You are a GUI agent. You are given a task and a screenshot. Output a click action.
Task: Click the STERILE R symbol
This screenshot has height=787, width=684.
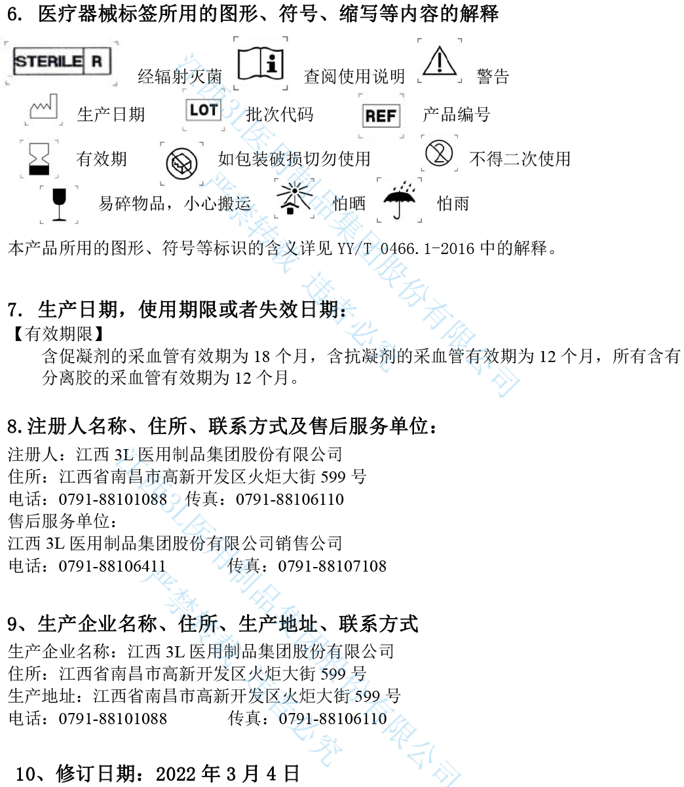click(x=62, y=62)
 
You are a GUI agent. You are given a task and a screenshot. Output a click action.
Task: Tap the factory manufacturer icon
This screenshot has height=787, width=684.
click(x=44, y=109)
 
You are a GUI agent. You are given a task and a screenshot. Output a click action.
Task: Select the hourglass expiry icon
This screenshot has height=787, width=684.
click(x=39, y=159)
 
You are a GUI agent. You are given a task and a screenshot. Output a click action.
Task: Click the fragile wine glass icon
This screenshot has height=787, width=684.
click(x=59, y=204)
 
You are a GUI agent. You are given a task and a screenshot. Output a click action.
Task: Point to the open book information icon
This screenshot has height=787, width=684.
click(x=260, y=64)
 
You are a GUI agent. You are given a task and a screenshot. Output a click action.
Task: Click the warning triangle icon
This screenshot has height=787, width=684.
click(x=440, y=61)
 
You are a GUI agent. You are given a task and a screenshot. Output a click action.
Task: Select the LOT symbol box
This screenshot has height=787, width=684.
click(x=204, y=110)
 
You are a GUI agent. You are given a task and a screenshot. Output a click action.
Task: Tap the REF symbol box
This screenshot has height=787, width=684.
click(x=381, y=117)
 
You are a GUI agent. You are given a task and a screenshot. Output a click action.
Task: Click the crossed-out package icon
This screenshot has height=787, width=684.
click(x=181, y=163)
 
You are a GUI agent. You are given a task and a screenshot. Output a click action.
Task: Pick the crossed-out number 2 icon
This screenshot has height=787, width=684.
click(x=439, y=153)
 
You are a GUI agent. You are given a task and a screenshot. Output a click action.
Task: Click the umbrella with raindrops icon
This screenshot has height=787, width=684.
click(x=399, y=200)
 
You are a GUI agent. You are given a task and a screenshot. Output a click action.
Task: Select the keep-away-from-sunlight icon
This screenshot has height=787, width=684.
click(x=294, y=199)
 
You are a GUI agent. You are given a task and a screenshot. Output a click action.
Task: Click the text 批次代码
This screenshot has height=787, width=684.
click(x=279, y=115)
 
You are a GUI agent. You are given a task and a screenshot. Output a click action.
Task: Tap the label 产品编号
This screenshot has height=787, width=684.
click(x=456, y=115)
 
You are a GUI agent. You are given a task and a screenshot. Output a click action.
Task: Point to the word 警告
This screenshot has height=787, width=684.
click(x=493, y=77)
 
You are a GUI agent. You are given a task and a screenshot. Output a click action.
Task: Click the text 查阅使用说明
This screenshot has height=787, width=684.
click(x=354, y=77)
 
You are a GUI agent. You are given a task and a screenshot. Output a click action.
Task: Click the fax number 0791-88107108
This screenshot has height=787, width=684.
click(x=332, y=566)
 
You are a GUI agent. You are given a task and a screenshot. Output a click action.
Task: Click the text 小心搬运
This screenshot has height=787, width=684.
click(x=218, y=204)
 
